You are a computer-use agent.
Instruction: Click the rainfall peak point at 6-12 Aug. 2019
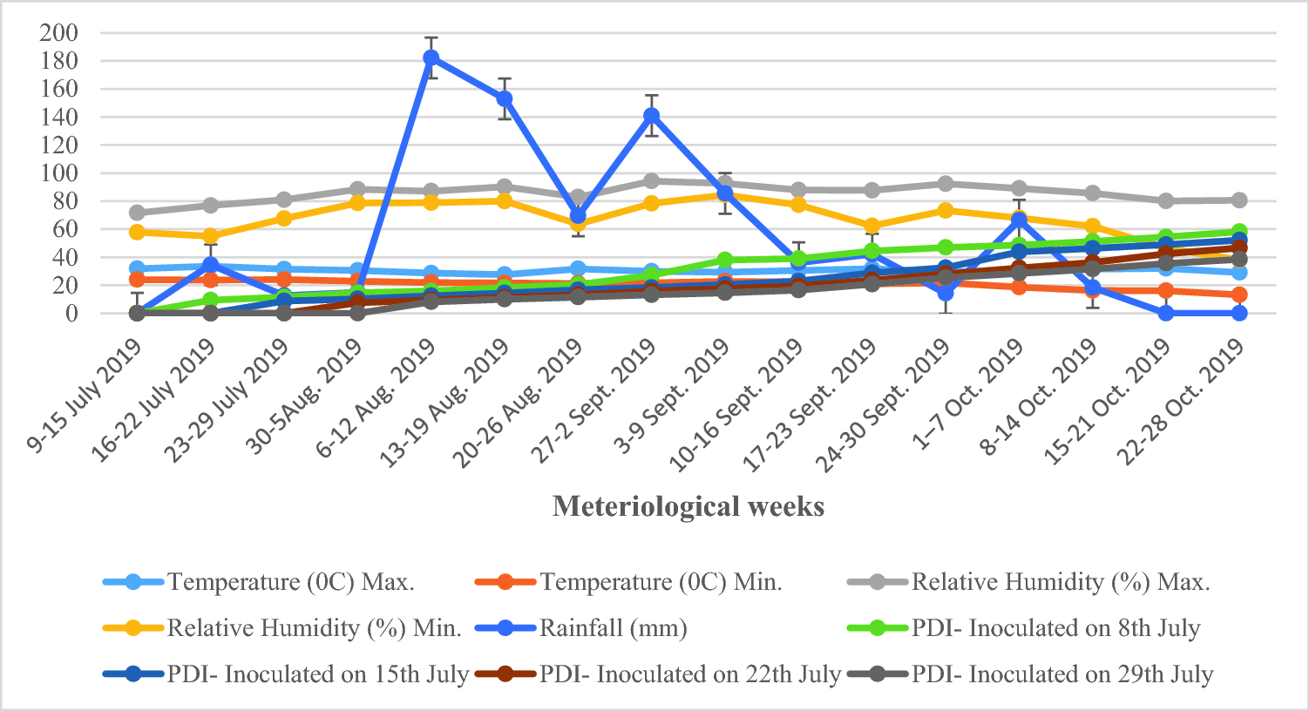click(431, 58)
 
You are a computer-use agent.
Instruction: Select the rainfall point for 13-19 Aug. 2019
click(504, 98)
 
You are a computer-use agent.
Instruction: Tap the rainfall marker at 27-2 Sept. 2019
click(651, 116)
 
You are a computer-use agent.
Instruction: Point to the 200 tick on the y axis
click(59, 33)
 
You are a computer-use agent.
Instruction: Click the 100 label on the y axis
click(59, 173)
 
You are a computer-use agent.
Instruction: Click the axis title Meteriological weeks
click(688, 506)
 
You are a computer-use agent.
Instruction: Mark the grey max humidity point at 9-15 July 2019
click(137, 213)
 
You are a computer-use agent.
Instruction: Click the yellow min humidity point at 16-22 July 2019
click(210, 236)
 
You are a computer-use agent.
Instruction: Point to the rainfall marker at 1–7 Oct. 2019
click(1019, 220)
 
